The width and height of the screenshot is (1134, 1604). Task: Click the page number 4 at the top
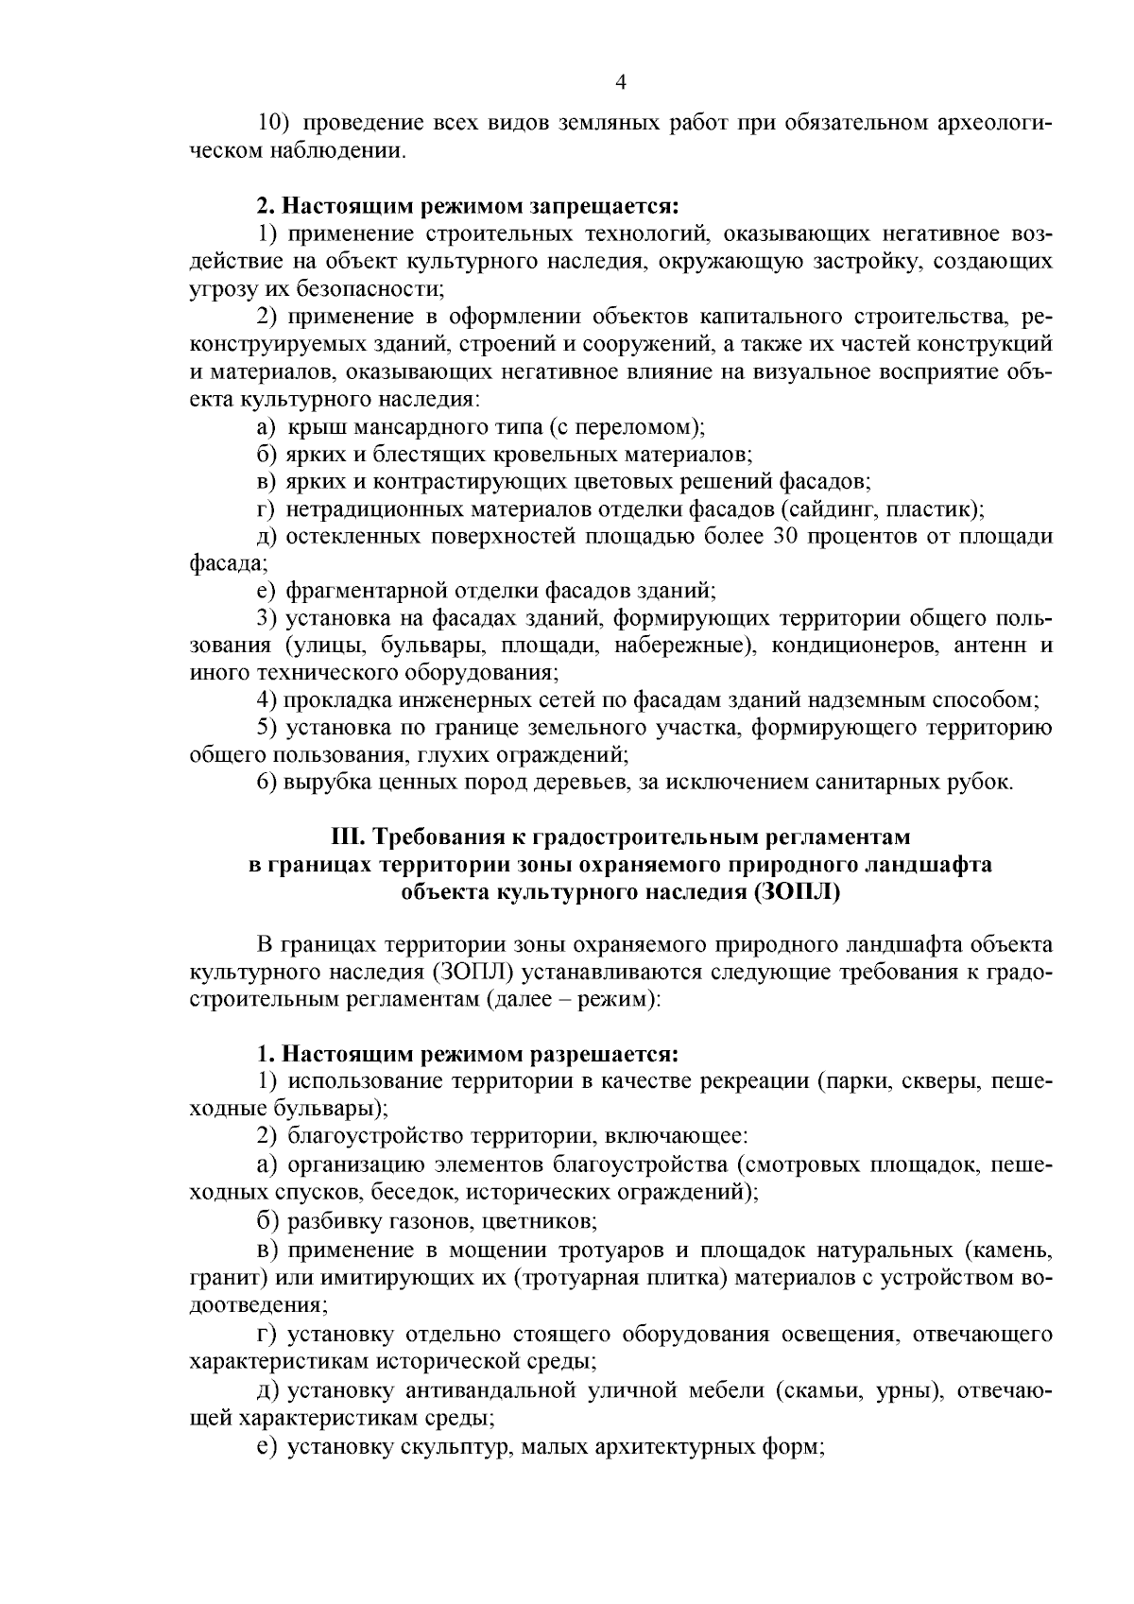[x=620, y=82]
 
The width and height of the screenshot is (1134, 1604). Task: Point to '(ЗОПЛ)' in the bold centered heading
[x=797, y=891]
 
